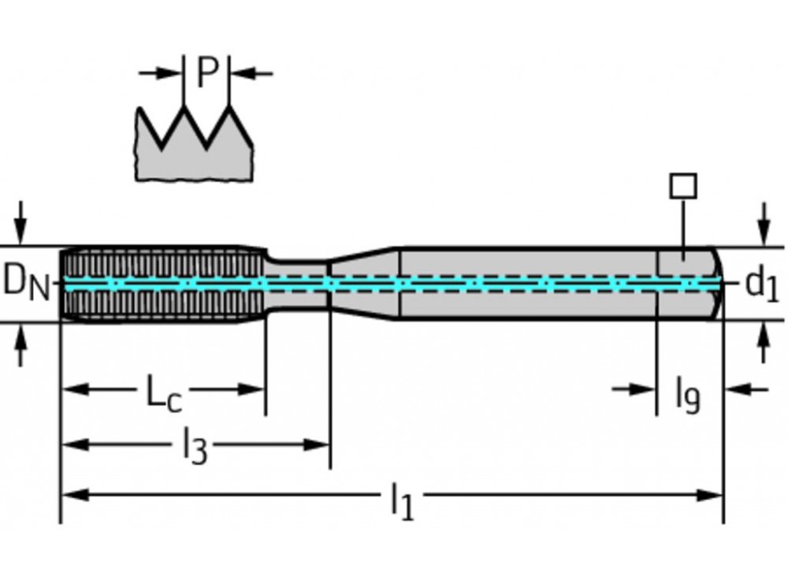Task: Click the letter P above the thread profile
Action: tap(206, 73)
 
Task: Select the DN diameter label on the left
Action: tap(26, 282)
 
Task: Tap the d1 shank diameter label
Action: tap(761, 284)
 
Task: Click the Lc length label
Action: tap(164, 392)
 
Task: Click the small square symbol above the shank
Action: tap(682, 187)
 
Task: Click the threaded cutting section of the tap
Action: tap(162, 284)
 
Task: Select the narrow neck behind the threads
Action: tap(295, 284)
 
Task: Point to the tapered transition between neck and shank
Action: tap(362, 284)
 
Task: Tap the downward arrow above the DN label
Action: tap(21, 221)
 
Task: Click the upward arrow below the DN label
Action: tap(21, 347)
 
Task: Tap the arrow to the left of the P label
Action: tap(161, 73)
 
